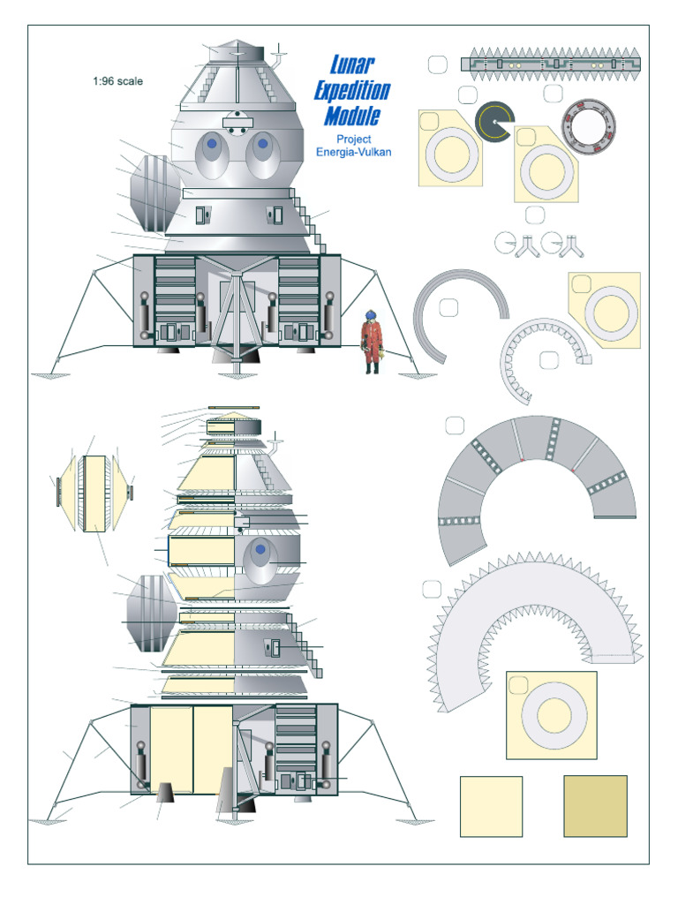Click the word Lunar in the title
click(x=351, y=64)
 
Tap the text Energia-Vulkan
click(x=353, y=152)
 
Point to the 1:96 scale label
click(x=117, y=81)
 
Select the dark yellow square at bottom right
click(x=595, y=805)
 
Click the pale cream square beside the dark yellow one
click(x=491, y=805)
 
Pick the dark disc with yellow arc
click(x=496, y=124)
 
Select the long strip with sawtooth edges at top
click(x=550, y=64)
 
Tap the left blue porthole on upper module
click(x=212, y=142)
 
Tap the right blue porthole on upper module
click(x=262, y=142)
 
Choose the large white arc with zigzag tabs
click(x=530, y=618)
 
